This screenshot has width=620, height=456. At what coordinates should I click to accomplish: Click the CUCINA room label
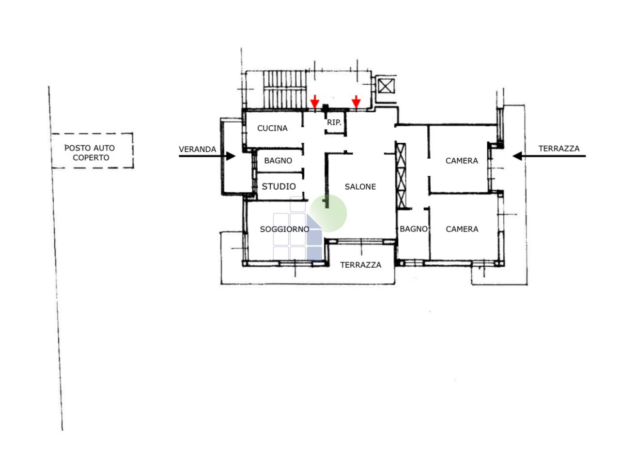pos(272,128)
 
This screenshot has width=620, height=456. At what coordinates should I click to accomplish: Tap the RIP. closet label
pos(334,123)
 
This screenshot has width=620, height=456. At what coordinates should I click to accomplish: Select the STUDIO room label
pos(279,186)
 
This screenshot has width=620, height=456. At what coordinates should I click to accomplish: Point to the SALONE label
pos(360,186)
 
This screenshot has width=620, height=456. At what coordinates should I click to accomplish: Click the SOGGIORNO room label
pos(284,229)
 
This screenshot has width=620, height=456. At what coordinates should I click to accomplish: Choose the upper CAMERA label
pos(462,161)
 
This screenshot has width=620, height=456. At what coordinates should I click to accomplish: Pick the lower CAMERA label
pos(462,229)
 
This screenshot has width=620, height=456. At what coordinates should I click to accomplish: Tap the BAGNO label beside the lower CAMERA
pos(414,229)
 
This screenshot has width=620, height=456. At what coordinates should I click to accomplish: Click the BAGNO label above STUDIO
pos(278,161)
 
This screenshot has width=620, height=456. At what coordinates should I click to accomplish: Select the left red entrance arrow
pos(315,102)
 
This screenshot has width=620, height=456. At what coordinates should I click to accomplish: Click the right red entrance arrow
pos(356,102)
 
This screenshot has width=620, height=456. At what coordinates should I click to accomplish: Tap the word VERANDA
pos(197,149)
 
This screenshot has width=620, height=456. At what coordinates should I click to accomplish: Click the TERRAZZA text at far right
pos(558,149)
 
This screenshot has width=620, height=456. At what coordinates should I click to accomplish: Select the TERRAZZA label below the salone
pos(360,265)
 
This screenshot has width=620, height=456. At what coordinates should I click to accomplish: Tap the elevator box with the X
pos(386,87)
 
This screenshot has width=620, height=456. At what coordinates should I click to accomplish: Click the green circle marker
pos(328,213)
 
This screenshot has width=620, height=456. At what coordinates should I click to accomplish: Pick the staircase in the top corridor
pos(285,89)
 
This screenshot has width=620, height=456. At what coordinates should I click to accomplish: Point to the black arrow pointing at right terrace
pos(549,156)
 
